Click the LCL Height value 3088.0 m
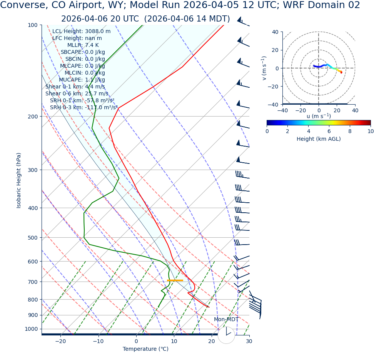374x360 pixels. point(98,32)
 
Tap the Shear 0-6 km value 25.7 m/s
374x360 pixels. point(96,94)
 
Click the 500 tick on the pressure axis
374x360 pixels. point(32,238)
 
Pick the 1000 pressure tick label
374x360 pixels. point(31,329)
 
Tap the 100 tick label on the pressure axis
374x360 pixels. point(32,25)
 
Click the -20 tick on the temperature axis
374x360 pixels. point(60,341)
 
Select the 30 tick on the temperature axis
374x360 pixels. point(249,341)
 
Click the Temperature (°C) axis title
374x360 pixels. point(145,349)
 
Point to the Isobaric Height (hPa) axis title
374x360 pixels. point(19,180)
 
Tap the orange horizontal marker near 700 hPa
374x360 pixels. point(175,280)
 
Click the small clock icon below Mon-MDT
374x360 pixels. point(226,335)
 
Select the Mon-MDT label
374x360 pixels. point(226,320)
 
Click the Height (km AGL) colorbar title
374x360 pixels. point(319,139)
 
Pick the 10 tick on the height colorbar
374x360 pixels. point(370,131)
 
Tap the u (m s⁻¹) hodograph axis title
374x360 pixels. point(319,116)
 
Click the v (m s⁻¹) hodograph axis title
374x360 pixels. point(264,68)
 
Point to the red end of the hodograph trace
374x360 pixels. point(341,72)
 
